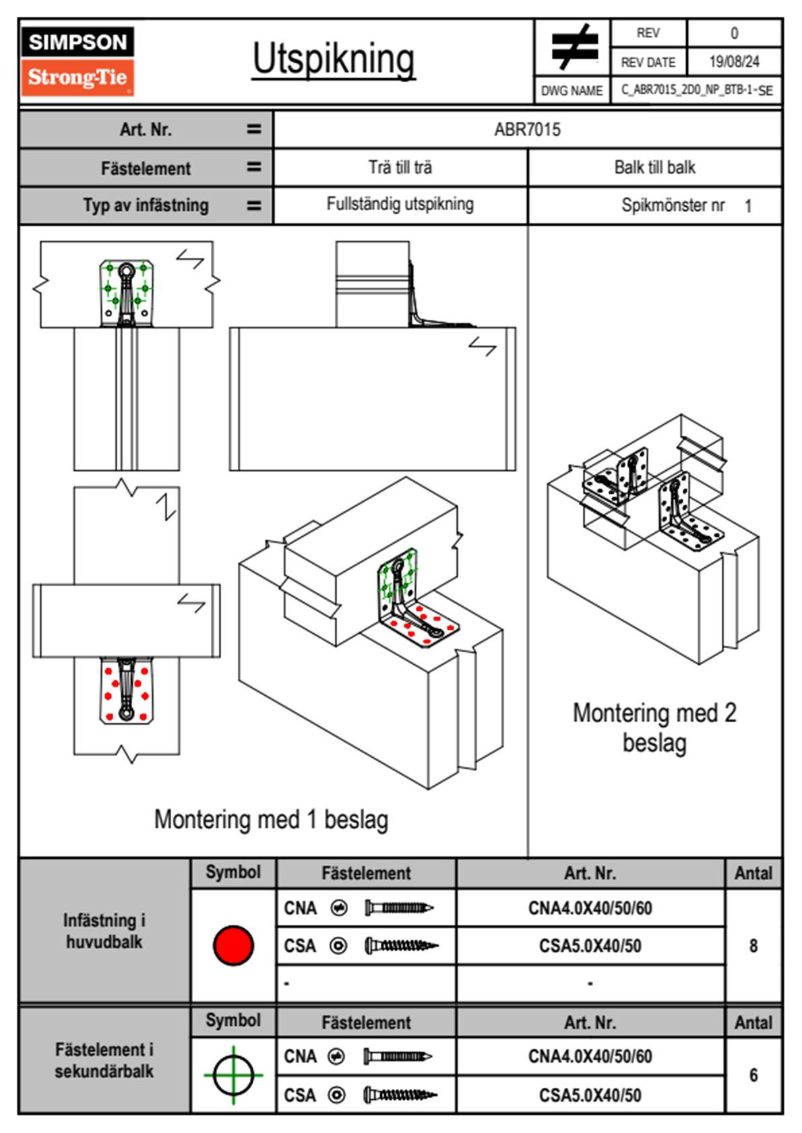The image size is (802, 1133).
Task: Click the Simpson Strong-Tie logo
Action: [77, 61]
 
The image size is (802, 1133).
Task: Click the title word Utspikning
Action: [334, 59]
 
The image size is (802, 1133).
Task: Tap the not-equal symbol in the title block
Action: [574, 47]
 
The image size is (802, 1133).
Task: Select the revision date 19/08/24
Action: [734, 62]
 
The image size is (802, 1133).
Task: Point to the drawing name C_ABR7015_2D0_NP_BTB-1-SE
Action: [696, 90]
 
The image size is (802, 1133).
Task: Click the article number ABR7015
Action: [527, 129]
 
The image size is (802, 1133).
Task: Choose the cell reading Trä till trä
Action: [400, 167]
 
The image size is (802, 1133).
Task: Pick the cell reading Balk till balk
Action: [654, 167]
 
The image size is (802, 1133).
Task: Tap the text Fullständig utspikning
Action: [400, 204]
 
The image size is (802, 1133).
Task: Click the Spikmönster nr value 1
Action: [748, 206]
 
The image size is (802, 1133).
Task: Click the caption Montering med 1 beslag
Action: [271, 820]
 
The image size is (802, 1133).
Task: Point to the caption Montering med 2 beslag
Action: [654, 728]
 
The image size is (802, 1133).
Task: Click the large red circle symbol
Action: [233, 945]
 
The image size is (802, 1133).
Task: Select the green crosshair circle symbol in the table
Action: [233, 1075]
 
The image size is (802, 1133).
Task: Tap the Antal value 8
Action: [753, 946]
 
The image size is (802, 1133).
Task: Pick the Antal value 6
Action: [753, 1075]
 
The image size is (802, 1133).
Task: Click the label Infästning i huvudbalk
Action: [104, 931]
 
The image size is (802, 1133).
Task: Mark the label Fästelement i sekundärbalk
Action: [104, 1060]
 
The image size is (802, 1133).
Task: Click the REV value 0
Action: [734, 33]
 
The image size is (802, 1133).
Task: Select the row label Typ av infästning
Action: [146, 205]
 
